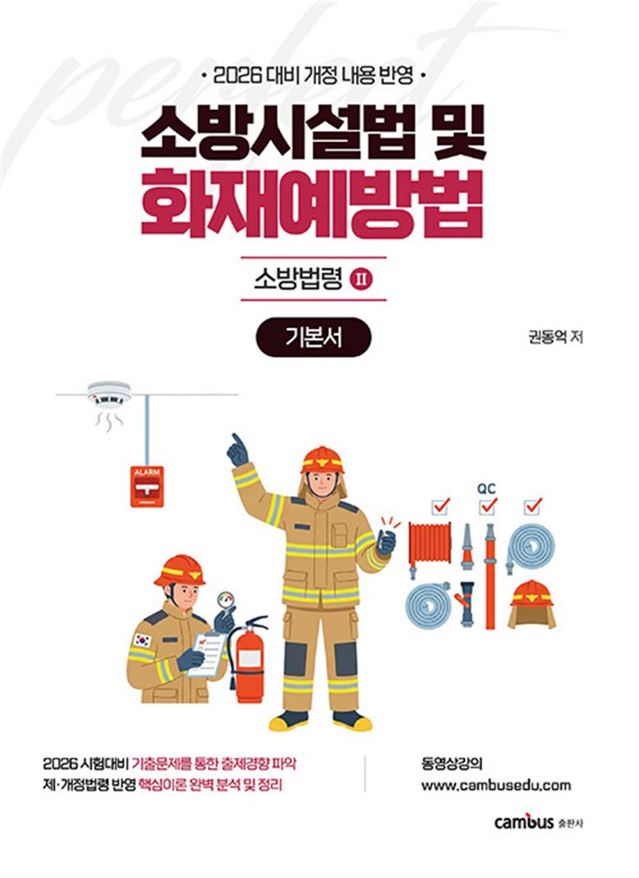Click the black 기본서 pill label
[314, 337]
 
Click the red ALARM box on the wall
[147, 485]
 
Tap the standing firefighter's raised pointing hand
[237, 451]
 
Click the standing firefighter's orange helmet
[322, 461]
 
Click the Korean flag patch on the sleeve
[142, 639]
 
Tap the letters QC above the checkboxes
[486, 485]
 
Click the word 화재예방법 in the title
[312, 208]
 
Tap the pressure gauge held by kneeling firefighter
[227, 599]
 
